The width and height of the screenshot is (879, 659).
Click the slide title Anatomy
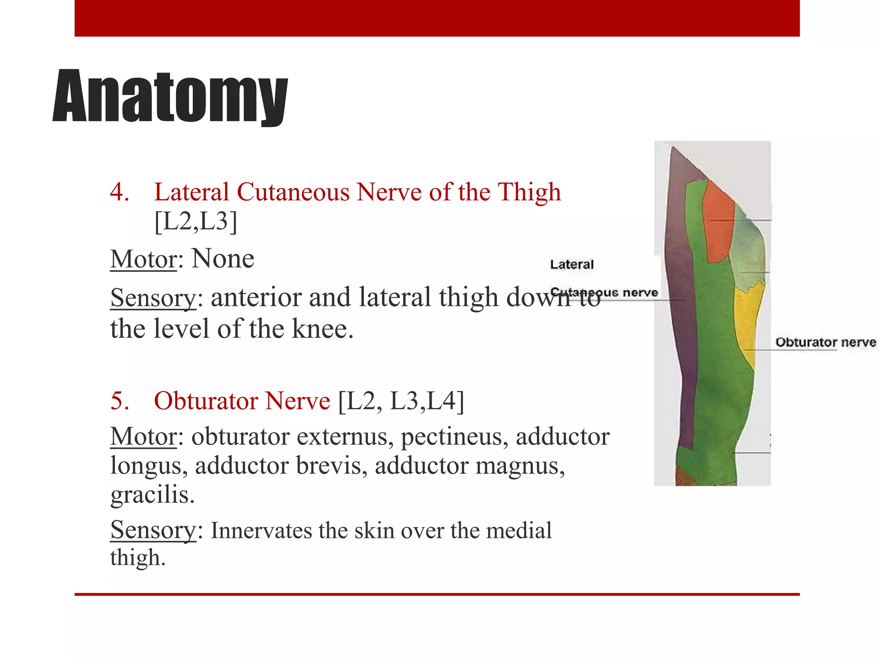click(x=170, y=97)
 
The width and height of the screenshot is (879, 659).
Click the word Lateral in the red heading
click(x=191, y=192)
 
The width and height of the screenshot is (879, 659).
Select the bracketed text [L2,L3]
click(x=196, y=221)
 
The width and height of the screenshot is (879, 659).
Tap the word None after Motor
click(x=223, y=259)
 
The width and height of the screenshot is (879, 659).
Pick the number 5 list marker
click(x=119, y=401)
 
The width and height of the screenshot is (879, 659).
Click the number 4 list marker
click(x=119, y=192)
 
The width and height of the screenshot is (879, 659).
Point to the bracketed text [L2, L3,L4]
click(x=401, y=401)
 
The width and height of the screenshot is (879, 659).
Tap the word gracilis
click(x=152, y=494)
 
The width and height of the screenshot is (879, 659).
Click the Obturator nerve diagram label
click(x=825, y=342)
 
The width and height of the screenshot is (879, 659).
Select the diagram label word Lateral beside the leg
click(x=572, y=264)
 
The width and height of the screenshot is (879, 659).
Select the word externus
click(x=345, y=437)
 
